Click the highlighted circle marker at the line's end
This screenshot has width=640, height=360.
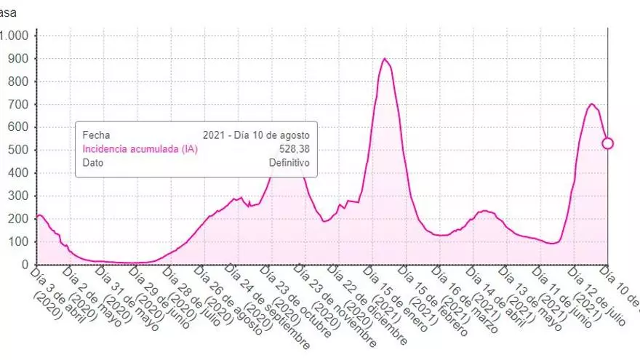(607, 143)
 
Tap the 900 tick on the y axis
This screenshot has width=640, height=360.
(19, 59)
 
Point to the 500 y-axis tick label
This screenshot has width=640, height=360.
(19, 151)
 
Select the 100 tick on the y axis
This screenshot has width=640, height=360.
(19, 242)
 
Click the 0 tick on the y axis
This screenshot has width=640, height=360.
(24, 265)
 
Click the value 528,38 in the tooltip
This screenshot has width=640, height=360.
(295, 149)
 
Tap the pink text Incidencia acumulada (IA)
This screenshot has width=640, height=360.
(140, 149)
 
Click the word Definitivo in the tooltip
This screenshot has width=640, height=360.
(289, 163)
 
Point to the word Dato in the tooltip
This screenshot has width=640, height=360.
(93, 163)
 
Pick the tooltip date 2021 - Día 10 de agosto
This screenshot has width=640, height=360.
(256, 135)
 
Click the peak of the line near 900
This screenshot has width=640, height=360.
(384, 59)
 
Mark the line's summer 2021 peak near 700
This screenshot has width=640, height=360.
(591, 104)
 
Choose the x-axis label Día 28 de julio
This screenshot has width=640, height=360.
(187, 297)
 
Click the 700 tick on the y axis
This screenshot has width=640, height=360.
(19, 105)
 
